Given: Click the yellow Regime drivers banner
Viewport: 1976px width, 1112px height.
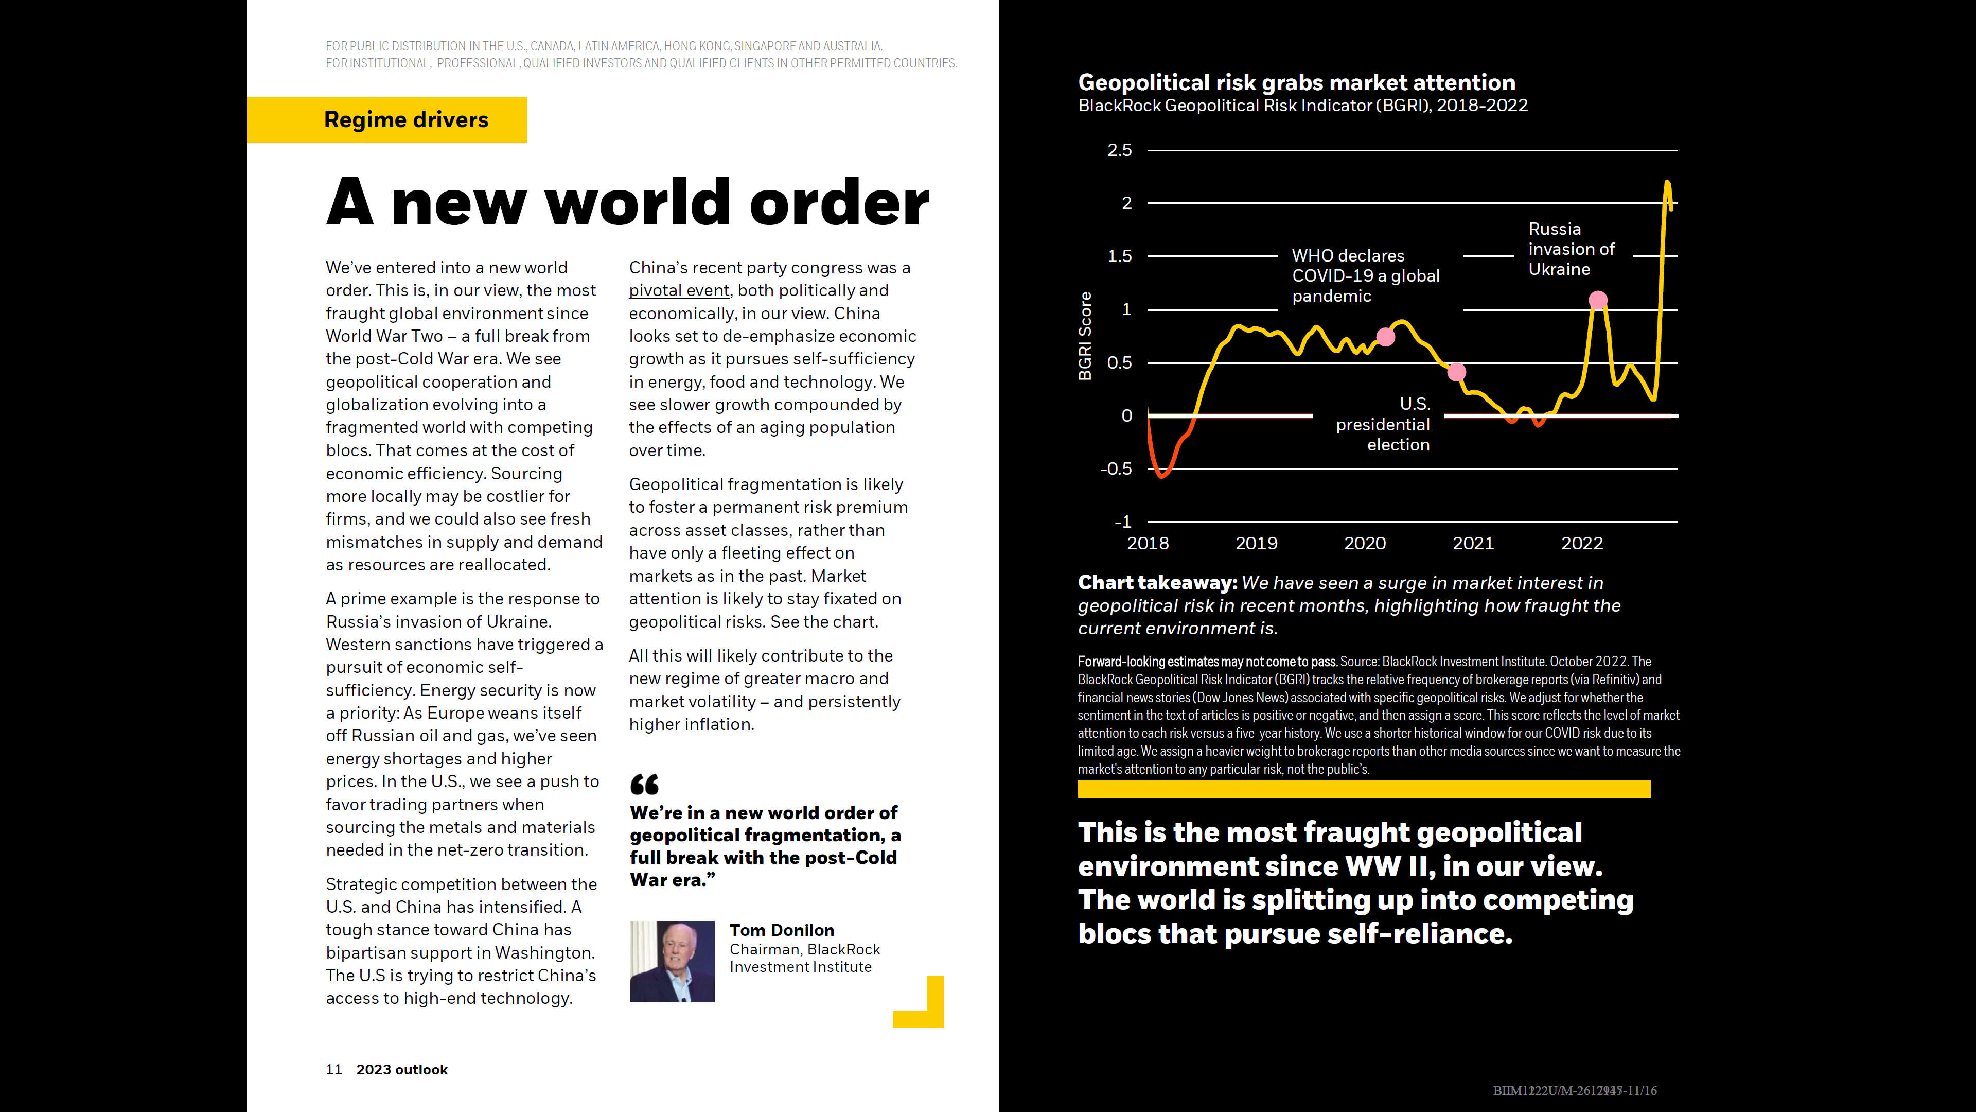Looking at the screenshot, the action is [x=386, y=120].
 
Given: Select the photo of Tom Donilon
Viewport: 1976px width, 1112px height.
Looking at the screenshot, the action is [x=672, y=962].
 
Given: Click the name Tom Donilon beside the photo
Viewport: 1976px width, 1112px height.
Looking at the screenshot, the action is [x=782, y=930].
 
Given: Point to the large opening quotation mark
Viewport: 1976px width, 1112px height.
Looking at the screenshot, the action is [x=644, y=784].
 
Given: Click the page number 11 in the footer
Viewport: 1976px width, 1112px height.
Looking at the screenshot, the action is [x=333, y=1070].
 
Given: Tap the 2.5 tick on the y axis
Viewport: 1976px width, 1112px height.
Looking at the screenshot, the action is [x=1119, y=150].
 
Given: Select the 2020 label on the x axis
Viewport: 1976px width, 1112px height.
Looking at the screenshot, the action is [x=1365, y=543].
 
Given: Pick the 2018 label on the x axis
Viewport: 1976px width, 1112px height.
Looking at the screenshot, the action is [x=1148, y=543].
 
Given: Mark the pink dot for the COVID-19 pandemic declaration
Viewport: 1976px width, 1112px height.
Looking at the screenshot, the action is [x=1385, y=337].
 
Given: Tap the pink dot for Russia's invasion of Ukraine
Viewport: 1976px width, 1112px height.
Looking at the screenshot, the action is [x=1598, y=300].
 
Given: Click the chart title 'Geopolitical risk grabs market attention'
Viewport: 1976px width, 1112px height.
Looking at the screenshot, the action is [x=1296, y=82].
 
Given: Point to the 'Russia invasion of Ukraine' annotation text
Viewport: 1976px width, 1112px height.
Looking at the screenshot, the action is [x=1571, y=249].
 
